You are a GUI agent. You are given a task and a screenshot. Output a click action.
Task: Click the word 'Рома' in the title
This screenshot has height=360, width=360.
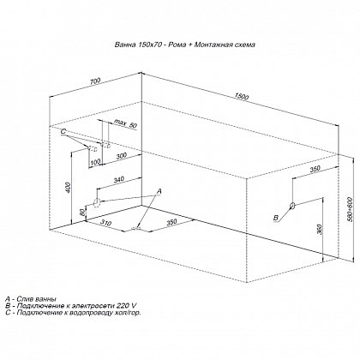pyautogui.click(x=177, y=45)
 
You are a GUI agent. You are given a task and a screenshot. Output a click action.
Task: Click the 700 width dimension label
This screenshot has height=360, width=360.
pyautogui.click(x=95, y=81)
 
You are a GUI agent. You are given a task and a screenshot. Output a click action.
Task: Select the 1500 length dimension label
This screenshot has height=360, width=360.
pyautogui.click(x=241, y=97)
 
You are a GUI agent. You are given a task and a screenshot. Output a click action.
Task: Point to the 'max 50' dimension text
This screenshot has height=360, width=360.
pyautogui.click(x=126, y=123)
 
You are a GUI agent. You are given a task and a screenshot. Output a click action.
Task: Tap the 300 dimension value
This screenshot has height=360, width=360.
pyautogui.click(x=122, y=156)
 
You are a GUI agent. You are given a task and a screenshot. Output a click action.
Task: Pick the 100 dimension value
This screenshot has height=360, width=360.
pyautogui.click(x=95, y=162)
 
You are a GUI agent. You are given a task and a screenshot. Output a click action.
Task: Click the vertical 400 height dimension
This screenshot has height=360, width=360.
pyautogui.click(x=68, y=187)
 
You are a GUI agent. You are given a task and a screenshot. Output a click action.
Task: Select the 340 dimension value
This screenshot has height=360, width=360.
pyautogui.click(x=118, y=180)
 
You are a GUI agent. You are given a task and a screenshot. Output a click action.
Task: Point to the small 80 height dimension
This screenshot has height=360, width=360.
pyautogui.click(x=82, y=213)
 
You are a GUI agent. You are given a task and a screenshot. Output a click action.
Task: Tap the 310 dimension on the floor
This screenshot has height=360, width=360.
pyautogui.click(x=106, y=223)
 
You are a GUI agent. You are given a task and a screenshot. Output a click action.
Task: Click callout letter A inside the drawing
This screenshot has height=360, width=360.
pyautogui.click(x=159, y=191)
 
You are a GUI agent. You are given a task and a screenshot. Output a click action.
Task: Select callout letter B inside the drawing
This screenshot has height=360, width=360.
pyautogui.click(x=276, y=218)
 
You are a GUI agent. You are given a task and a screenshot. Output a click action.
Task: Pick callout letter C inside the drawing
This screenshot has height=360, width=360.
pyautogui.click(x=63, y=132)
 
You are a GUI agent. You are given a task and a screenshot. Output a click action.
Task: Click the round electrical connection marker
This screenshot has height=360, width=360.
pyautogui.click(x=292, y=206)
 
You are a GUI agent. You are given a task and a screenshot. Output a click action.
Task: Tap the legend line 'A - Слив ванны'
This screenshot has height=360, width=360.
pyautogui.click(x=31, y=299)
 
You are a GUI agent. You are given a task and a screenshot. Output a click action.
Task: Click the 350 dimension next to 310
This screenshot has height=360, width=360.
pyautogui.click(x=171, y=222)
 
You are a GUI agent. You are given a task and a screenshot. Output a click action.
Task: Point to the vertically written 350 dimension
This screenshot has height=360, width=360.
pyautogui.click(x=320, y=230)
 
